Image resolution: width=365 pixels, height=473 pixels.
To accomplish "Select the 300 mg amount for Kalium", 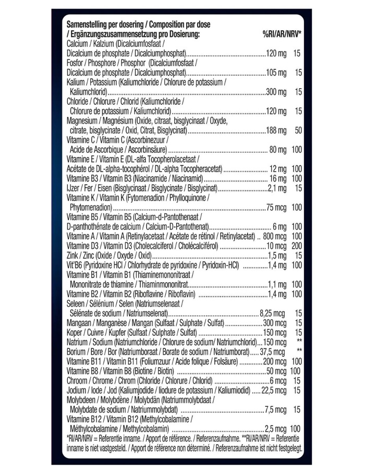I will click(x=276, y=92).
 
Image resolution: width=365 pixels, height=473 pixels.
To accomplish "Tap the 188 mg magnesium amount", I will click(x=276, y=130).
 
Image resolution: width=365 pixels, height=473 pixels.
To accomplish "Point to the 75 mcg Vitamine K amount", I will click(x=276, y=207).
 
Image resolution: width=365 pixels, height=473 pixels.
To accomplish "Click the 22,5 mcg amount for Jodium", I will click(x=272, y=390).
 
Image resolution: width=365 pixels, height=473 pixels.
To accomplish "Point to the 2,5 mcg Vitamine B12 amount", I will click(x=276, y=428).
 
